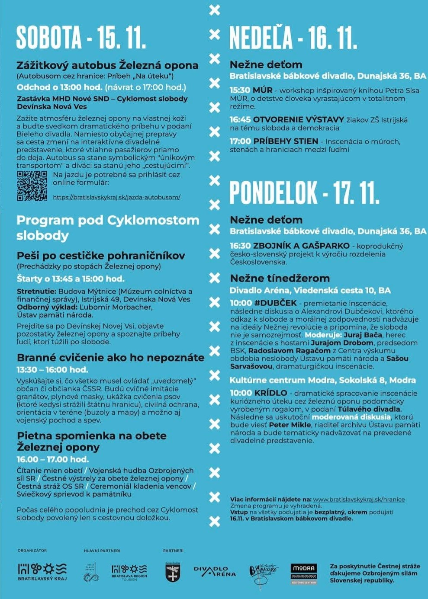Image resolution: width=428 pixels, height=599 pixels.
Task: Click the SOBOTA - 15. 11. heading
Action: [x=81, y=38]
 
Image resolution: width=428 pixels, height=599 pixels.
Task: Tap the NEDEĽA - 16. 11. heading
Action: [x=293, y=38]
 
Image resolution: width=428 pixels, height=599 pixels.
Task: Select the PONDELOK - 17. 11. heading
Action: [x=304, y=193]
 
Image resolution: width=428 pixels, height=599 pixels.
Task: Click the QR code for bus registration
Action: [x=32, y=186]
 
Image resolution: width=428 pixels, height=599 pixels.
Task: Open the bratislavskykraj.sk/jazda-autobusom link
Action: [x=116, y=197]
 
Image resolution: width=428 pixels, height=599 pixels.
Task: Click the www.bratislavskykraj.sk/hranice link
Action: [x=359, y=499]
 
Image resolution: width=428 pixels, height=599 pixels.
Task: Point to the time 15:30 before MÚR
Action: [x=240, y=90]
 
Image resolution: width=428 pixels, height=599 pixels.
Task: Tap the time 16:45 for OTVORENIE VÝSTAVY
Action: [x=240, y=119]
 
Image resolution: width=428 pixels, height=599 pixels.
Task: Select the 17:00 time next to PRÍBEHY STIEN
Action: [x=240, y=141]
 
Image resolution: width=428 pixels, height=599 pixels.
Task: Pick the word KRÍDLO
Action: [x=270, y=393]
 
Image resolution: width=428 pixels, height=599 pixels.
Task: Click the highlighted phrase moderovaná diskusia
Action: [x=351, y=417]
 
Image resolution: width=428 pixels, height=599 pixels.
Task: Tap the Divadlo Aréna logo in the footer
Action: [x=215, y=571]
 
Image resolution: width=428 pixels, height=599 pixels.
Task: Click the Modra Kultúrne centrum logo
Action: [x=303, y=573]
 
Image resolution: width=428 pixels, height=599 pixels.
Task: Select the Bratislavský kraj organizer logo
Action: [x=42, y=571]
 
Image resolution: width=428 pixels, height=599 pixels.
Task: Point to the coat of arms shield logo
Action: [x=173, y=573]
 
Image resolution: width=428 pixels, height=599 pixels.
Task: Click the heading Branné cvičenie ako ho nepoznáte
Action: [x=110, y=358]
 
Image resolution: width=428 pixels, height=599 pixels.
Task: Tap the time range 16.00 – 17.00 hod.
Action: [x=52, y=459]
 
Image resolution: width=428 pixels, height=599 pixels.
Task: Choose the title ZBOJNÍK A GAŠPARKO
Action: [x=301, y=246]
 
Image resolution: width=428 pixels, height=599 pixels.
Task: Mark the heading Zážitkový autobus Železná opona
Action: [x=107, y=65]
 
